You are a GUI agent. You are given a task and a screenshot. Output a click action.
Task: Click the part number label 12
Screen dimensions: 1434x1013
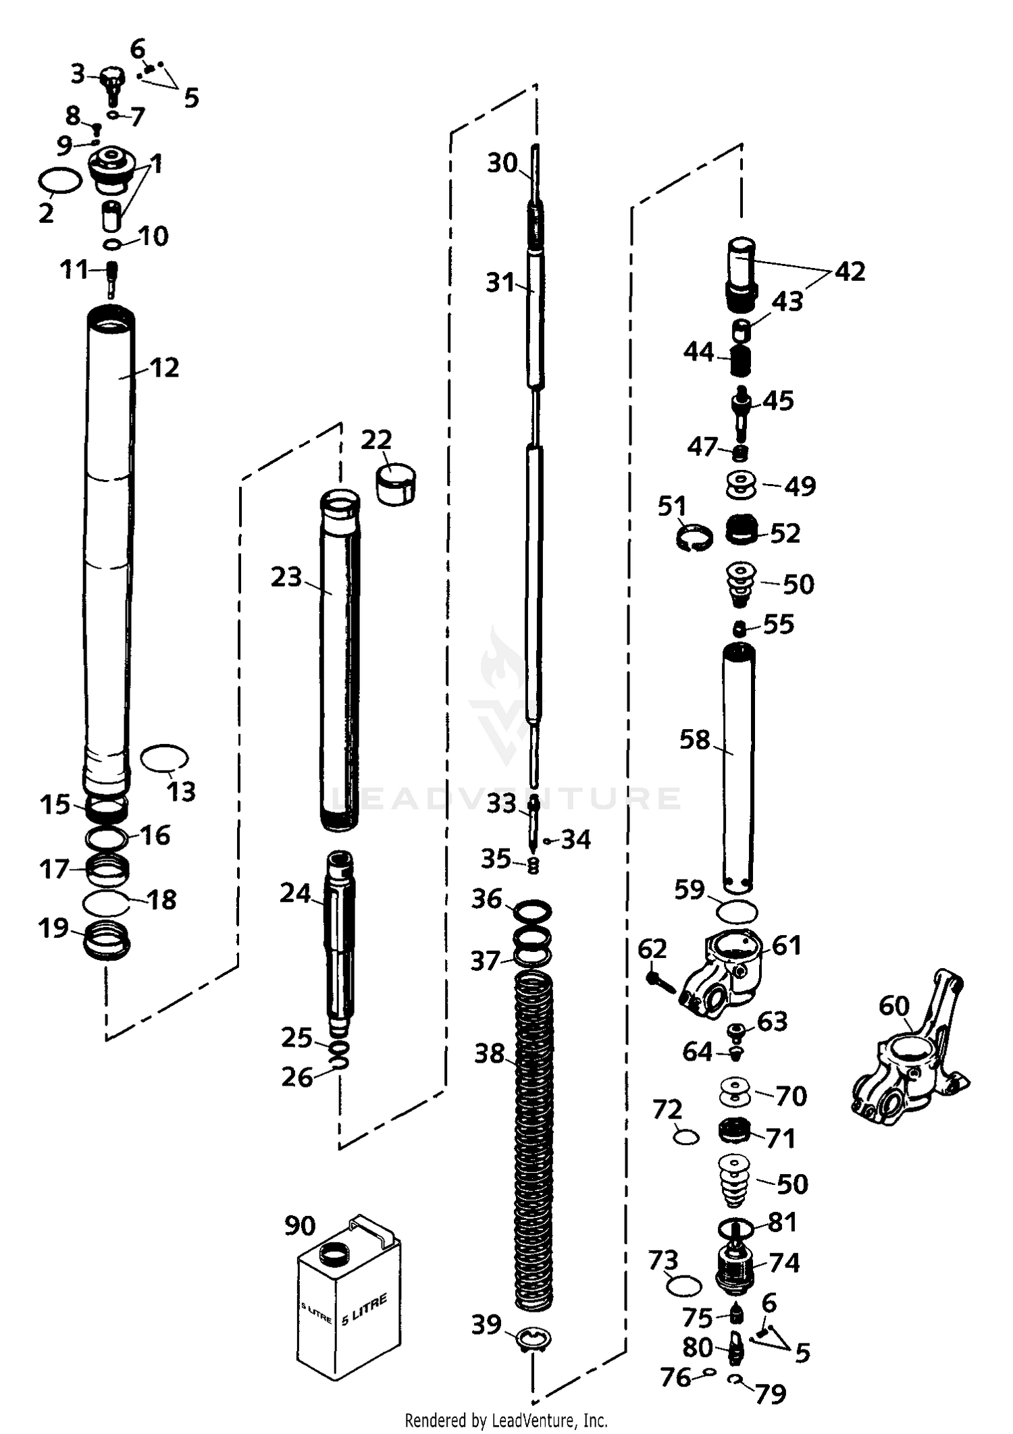tap(164, 368)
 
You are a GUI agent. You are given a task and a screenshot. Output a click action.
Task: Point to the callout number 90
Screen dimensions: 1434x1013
tap(300, 1225)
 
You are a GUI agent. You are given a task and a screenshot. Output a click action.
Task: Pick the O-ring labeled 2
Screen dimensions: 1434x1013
tap(60, 181)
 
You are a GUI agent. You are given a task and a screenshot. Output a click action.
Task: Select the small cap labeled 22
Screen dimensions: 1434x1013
tap(396, 483)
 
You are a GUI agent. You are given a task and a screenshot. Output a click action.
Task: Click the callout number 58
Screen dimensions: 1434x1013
tap(695, 739)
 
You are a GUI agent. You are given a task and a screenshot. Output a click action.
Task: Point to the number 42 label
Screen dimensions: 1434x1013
tap(850, 271)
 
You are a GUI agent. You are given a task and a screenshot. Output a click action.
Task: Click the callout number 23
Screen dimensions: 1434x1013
tap(286, 577)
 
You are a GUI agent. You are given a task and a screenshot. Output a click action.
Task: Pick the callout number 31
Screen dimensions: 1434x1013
tap(500, 283)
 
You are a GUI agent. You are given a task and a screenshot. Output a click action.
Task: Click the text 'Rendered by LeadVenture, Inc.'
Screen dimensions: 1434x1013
tap(506, 1420)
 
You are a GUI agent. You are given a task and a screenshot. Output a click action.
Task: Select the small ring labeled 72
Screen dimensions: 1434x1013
tap(686, 1138)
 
